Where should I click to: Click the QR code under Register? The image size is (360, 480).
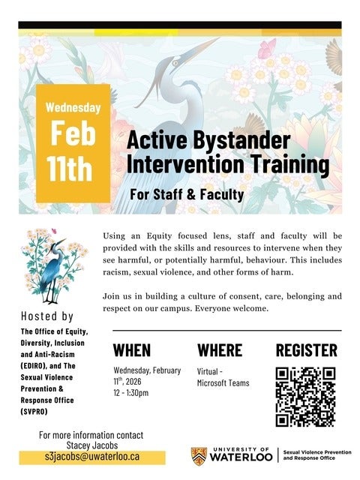305,397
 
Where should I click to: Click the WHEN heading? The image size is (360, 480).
132,350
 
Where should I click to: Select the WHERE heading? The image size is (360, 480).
219,350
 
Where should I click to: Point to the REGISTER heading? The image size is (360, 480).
306,350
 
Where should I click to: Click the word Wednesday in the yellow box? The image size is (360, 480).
73,106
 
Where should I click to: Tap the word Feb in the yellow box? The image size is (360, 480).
73,134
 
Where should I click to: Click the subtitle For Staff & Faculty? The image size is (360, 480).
187,195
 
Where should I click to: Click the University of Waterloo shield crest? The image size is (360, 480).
198,455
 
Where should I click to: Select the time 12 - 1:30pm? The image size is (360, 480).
131,392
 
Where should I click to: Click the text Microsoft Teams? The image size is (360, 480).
223,383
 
